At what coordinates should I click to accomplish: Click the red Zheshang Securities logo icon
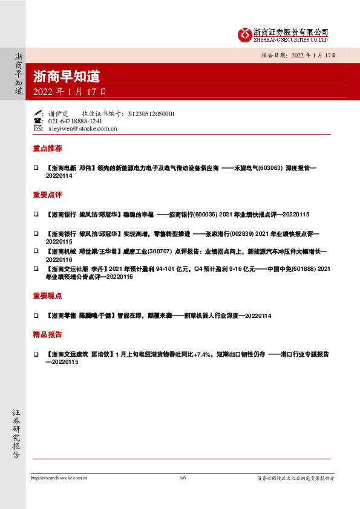pyautogui.click(x=244, y=34)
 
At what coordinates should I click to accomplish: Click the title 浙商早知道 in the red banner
pyautogui.click(x=66, y=76)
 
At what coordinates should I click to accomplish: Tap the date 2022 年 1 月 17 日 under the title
pyautogui.click(x=70, y=92)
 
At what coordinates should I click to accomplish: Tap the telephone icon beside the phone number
pyautogui.click(x=38, y=121)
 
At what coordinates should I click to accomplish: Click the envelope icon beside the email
pyautogui.click(x=38, y=129)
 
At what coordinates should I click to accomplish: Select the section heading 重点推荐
pyautogui.click(x=47, y=148)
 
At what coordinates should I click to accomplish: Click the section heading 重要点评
pyautogui.click(x=47, y=195)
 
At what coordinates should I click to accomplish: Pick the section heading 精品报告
pyautogui.click(x=47, y=334)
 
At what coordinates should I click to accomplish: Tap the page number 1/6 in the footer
pyautogui.click(x=183, y=478)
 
